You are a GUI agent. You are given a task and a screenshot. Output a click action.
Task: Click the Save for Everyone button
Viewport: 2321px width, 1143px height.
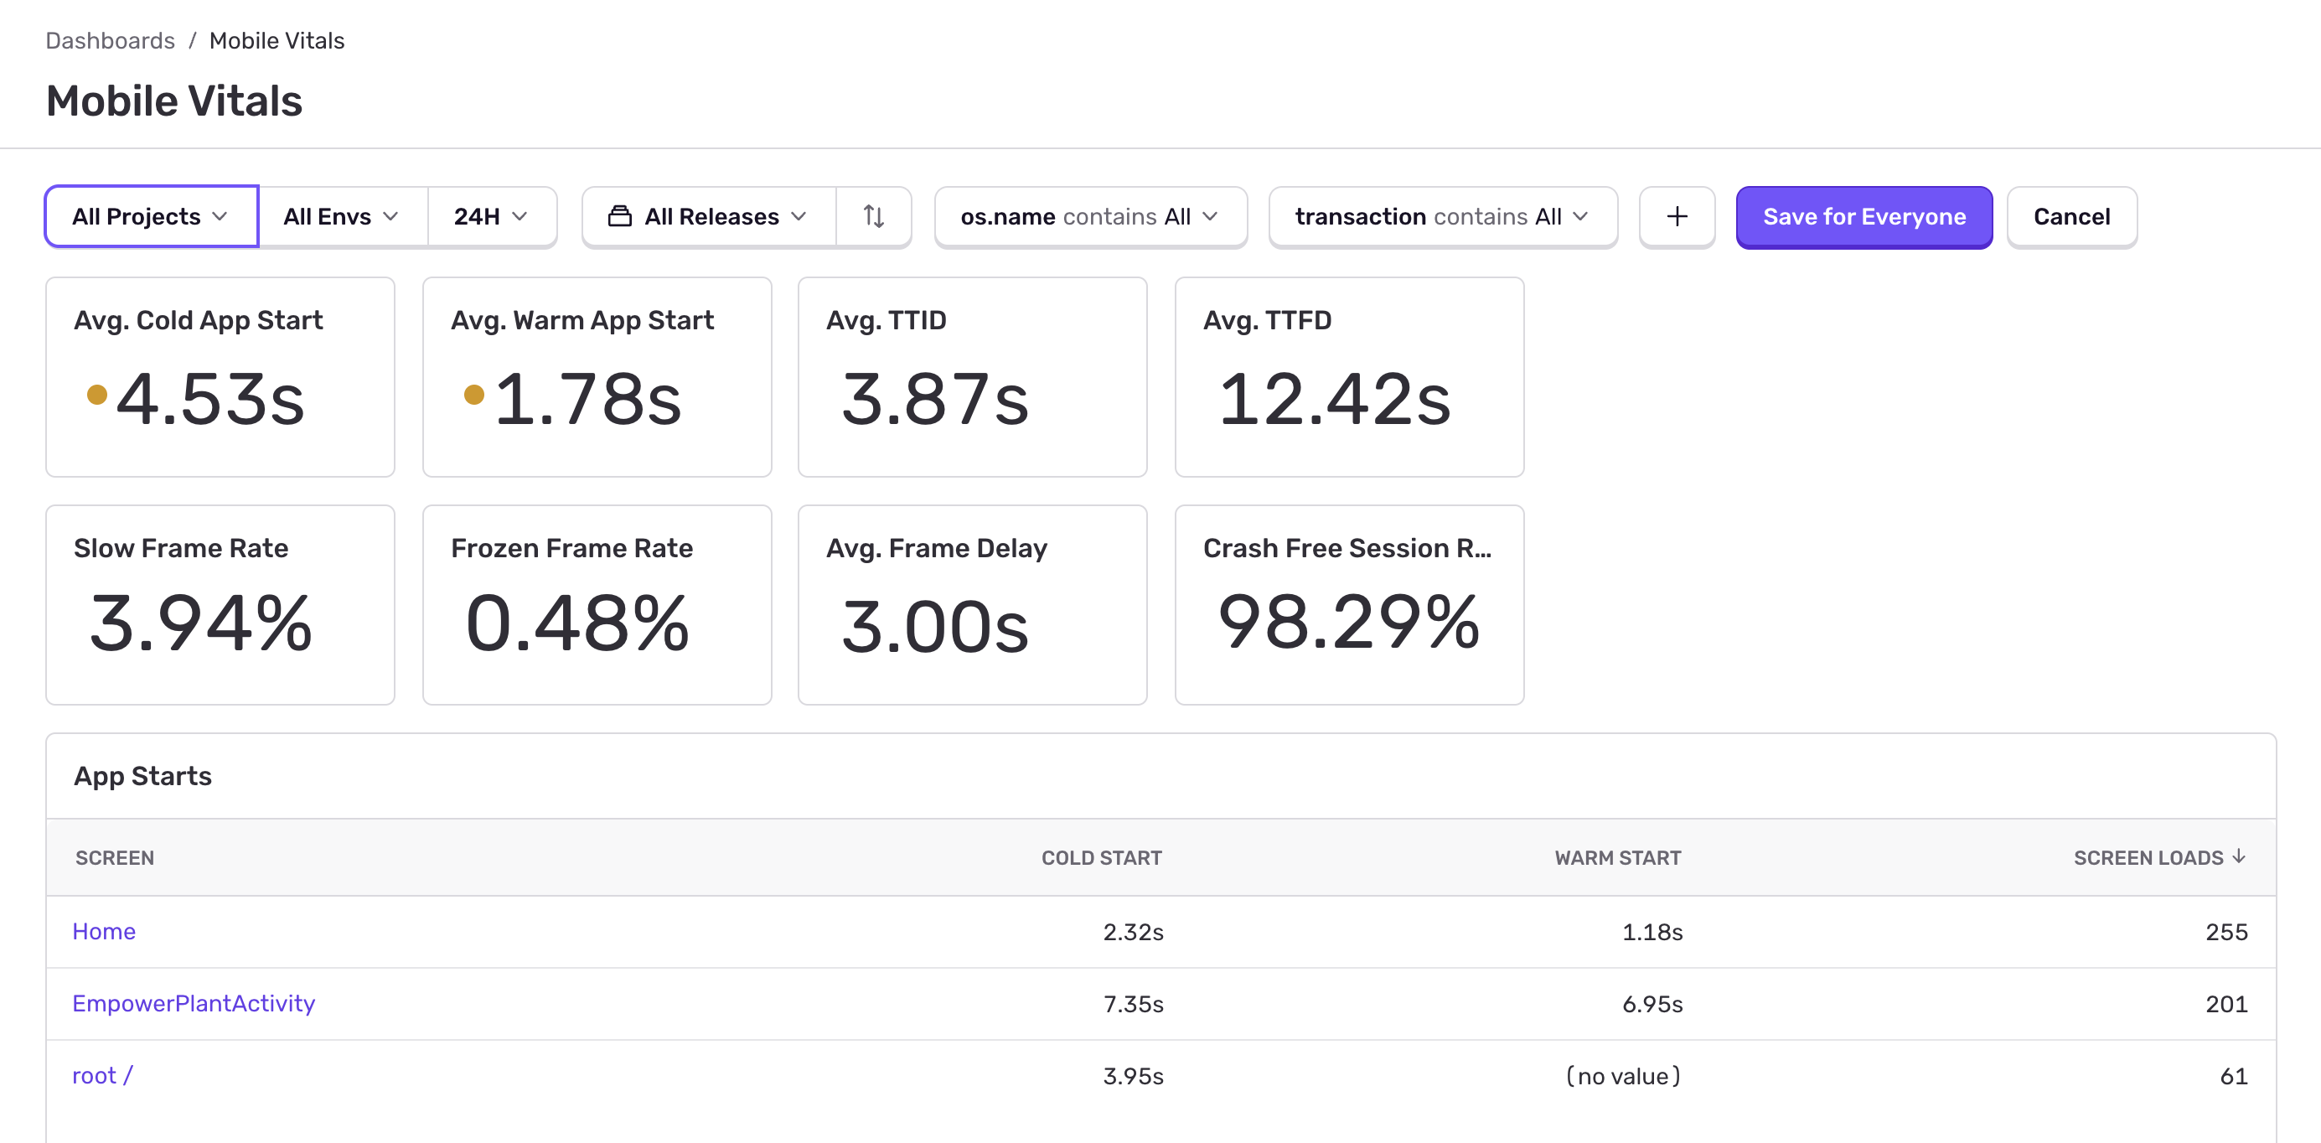coord(1864,217)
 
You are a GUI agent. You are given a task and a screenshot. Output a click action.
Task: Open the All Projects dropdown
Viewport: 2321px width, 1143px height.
coord(151,217)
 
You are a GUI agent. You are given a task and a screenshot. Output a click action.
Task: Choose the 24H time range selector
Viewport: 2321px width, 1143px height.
coord(491,217)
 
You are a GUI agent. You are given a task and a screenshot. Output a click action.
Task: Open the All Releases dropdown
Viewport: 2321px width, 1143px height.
coord(708,217)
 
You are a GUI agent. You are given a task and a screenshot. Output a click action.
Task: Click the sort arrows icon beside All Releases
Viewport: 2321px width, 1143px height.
coord(873,217)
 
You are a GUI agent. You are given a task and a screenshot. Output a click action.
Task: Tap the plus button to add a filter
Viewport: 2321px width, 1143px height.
coord(1676,217)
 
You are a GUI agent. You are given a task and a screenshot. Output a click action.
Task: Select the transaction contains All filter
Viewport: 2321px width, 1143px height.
coord(1441,217)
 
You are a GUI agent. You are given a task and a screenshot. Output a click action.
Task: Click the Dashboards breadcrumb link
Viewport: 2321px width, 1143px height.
coord(110,40)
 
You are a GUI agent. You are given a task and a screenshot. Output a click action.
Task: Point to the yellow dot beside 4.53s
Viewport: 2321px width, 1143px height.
coord(97,395)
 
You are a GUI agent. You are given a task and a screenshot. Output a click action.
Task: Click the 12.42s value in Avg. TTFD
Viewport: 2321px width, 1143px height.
coord(1333,400)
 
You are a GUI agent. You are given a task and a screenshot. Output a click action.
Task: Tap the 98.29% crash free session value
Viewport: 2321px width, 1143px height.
coord(1348,622)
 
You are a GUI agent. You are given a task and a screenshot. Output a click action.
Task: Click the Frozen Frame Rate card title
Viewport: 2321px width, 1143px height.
coord(571,548)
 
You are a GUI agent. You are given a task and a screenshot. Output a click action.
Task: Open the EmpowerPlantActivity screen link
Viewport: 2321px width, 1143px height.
coord(194,1003)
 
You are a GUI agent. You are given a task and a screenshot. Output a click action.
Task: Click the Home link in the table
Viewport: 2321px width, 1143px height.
coord(104,931)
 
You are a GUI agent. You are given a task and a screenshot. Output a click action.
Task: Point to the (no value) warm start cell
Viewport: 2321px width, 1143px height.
coord(1623,1075)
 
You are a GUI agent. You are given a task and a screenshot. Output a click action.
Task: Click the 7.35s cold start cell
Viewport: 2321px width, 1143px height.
coord(1133,1003)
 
